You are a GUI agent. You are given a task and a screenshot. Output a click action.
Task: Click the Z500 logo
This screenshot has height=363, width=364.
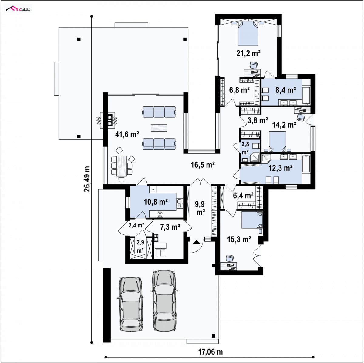(18, 9)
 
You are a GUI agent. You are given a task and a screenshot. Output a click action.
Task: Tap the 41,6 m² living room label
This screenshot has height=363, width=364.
(127, 134)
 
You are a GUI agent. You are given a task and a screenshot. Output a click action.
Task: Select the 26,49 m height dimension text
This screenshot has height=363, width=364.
(87, 179)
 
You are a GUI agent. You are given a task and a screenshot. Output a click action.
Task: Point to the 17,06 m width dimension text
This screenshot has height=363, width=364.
(211, 352)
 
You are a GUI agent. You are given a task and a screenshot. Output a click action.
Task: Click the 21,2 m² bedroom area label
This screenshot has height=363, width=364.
(248, 53)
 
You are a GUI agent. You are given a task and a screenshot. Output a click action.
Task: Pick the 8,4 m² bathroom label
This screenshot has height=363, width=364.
(286, 90)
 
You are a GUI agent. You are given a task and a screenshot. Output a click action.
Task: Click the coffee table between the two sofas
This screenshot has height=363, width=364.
(159, 128)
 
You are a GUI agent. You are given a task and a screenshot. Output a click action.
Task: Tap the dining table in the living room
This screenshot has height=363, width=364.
(122, 166)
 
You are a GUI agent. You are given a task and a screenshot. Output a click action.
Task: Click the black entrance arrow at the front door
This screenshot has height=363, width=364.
(197, 242)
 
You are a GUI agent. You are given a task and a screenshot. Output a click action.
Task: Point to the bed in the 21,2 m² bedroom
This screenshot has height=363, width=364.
(248, 33)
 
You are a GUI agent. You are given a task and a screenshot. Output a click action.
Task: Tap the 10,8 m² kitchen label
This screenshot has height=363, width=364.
(156, 202)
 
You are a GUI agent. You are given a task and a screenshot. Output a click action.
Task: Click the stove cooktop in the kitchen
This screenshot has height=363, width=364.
(160, 214)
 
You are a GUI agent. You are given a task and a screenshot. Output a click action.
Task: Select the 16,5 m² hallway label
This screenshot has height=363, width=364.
(203, 165)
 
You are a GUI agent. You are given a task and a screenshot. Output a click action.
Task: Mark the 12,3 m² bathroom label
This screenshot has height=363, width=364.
(281, 168)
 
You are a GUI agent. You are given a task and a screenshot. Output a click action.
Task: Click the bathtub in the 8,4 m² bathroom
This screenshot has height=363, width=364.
(306, 96)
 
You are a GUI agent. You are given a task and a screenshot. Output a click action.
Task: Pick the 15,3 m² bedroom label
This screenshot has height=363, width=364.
(239, 240)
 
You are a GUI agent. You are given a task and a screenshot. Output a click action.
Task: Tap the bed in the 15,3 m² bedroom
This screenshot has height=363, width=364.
(252, 220)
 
